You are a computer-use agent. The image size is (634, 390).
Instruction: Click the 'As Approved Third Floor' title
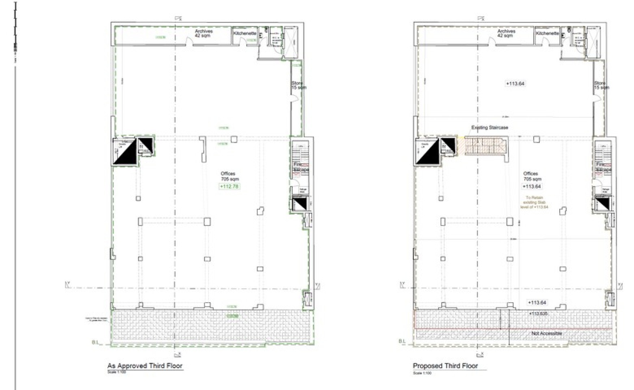(x=145, y=365)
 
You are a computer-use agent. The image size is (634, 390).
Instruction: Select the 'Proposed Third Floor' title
(x=445, y=365)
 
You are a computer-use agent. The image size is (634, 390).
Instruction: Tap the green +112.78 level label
(x=229, y=186)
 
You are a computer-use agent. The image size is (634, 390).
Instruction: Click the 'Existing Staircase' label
(x=489, y=127)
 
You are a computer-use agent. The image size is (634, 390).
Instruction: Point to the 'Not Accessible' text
(x=546, y=333)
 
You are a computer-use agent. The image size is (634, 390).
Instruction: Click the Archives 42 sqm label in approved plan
(x=204, y=33)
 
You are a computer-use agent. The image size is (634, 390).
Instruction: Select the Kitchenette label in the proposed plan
(x=547, y=33)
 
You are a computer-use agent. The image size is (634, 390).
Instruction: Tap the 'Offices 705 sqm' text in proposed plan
(x=532, y=176)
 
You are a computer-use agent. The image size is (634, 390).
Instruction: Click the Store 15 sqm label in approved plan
(x=298, y=85)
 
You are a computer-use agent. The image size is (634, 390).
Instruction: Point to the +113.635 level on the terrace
(x=538, y=313)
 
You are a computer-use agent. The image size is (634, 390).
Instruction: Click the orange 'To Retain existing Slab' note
(x=534, y=202)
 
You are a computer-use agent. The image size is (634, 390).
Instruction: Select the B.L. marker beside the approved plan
(x=95, y=342)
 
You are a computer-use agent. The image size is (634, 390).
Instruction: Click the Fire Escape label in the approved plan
(x=301, y=167)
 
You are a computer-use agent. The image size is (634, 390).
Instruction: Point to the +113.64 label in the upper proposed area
(x=515, y=83)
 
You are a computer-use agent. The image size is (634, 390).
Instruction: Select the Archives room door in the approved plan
(x=189, y=43)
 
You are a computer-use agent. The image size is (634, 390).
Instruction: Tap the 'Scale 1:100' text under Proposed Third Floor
(x=422, y=373)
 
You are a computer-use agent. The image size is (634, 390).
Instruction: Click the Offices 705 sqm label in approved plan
(x=230, y=176)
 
